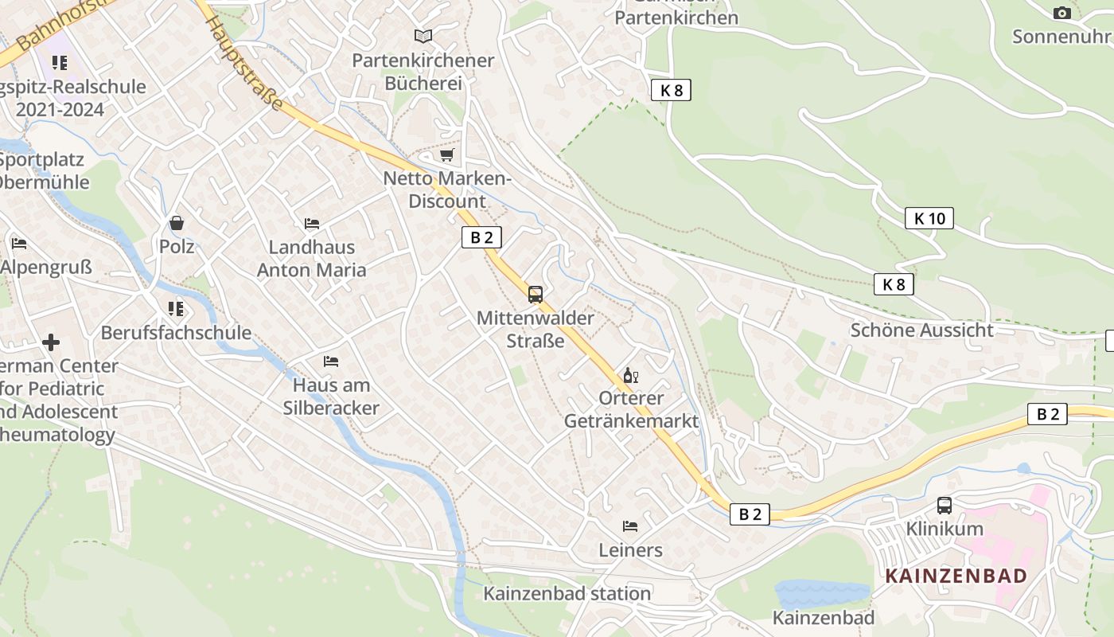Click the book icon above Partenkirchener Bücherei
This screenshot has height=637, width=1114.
(x=423, y=36)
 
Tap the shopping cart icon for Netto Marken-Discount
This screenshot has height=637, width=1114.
(x=446, y=154)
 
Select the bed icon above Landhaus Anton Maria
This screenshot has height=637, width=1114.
(x=312, y=224)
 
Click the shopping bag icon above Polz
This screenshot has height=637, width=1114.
(x=176, y=223)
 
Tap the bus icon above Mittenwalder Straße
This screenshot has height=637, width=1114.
(x=536, y=295)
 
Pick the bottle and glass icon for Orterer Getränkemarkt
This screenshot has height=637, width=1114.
(x=630, y=375)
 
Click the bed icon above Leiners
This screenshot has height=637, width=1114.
(x=630, y=526)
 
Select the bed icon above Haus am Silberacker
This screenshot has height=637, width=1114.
(x=331, y=361)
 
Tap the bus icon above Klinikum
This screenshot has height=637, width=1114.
(x=945, y=505)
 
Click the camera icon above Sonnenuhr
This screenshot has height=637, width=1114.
(x=1061, y=13)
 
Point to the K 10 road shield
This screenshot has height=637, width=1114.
(x=929, y=218)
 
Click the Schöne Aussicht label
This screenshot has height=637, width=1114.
(x=921, y=330)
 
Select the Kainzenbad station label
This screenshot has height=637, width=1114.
(x=567, y=593)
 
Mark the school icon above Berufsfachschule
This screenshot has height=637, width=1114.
(x=176, y=309)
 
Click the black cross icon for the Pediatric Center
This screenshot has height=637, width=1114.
(x=51, y=342)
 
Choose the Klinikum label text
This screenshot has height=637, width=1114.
(x=945, y=529)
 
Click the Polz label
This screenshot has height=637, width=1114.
(x=177, y=246)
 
